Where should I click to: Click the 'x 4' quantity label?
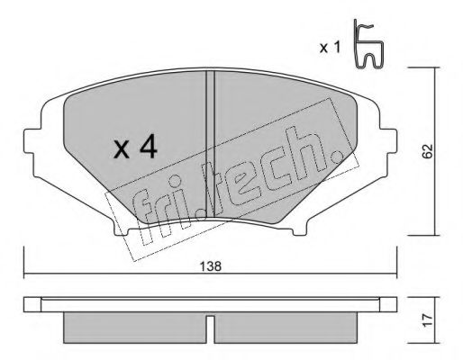coord(135,148)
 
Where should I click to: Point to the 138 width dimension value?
coord(210,267)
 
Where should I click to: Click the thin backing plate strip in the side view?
coord(210,303)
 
